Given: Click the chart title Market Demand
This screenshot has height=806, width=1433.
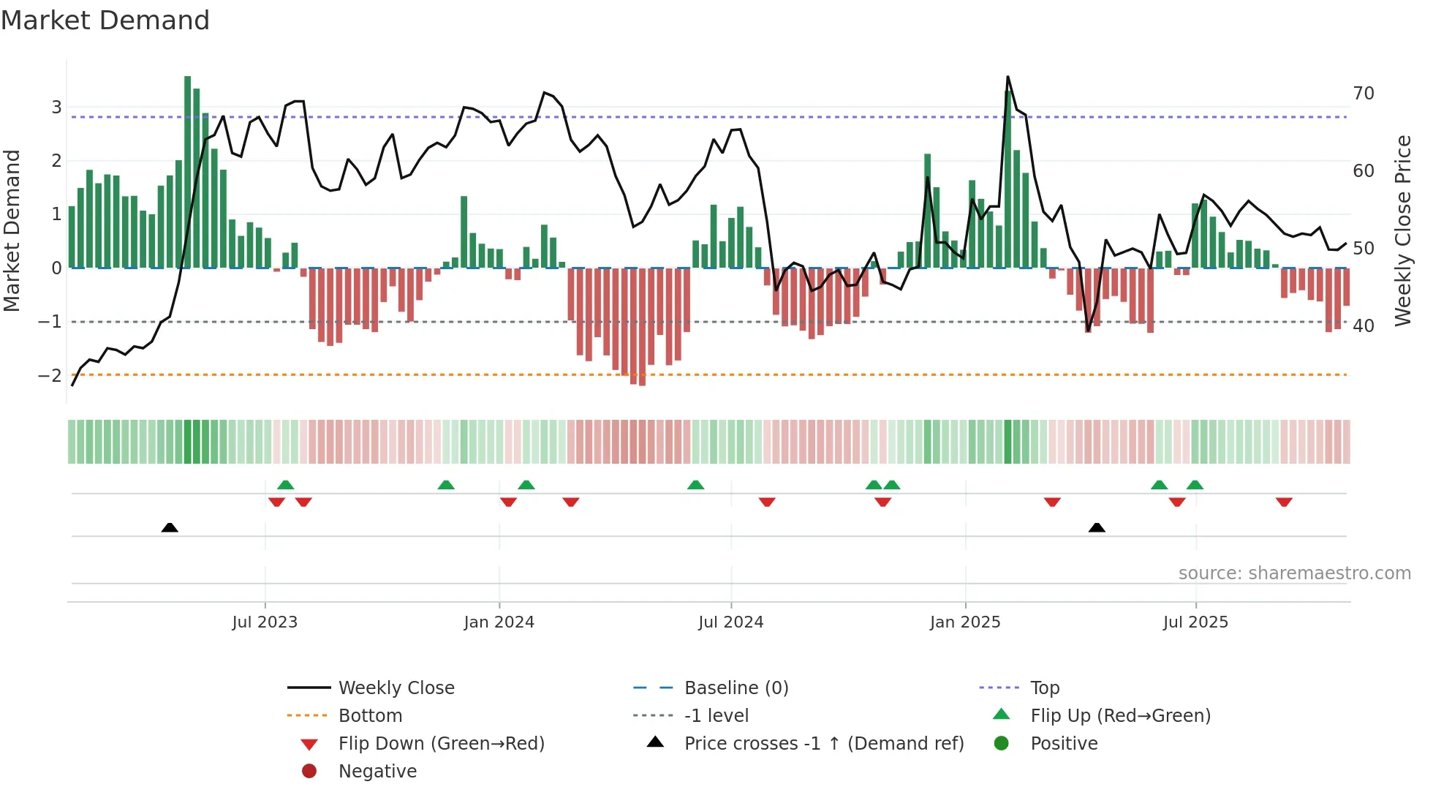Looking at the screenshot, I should click(x=105, y=20).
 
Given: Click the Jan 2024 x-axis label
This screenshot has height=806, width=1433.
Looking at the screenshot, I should click(x=499, y=622).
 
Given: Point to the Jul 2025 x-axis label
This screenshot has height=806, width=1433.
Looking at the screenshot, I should click(x=1195, y=622).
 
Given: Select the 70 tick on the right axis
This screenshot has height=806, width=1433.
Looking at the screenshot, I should click(x=1363, y=94).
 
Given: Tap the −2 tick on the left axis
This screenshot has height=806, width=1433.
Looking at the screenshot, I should click(x=50, y=376).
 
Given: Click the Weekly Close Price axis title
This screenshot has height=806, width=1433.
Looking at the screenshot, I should click(x=1402, y=230).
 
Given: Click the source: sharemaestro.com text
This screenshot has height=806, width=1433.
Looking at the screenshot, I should click(x=1294, y=573).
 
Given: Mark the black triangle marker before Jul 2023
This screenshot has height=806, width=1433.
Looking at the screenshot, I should click(x=170, y=527).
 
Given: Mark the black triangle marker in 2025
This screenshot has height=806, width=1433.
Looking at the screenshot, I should click(x=1097, y=527).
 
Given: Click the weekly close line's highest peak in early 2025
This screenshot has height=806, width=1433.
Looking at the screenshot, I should click(x=1007, y=77).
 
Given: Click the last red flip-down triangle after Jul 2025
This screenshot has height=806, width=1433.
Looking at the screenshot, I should click(x=1284, y=502).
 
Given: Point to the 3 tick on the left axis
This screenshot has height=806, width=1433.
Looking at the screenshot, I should click(x=56, y=108).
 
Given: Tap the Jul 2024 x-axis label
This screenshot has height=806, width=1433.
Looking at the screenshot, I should click(x=730, y=622).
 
